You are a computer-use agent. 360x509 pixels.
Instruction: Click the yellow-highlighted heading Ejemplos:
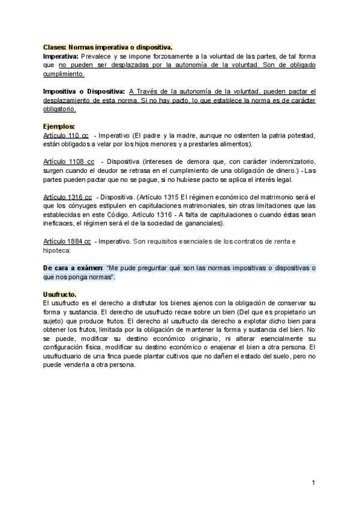pos(59,127)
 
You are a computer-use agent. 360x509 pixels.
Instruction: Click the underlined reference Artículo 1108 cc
pos(68,162)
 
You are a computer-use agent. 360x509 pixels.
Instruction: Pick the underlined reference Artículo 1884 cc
pos(67,241)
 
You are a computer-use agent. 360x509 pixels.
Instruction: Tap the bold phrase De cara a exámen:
pos(73,268)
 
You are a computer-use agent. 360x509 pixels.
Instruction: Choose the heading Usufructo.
pos(59,294)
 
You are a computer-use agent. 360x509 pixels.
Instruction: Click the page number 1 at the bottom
pos(313,483)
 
